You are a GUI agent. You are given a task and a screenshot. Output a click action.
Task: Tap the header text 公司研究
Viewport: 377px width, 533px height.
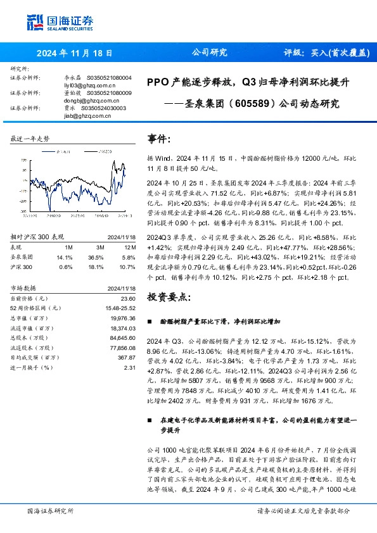pos(209,53)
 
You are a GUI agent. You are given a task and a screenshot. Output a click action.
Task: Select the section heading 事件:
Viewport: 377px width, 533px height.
pos(159,139)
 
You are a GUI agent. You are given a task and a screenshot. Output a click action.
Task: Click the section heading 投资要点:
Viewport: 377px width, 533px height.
pos(168,297)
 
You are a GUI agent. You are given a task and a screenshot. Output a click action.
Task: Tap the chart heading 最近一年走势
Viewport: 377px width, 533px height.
pos(30,138)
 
